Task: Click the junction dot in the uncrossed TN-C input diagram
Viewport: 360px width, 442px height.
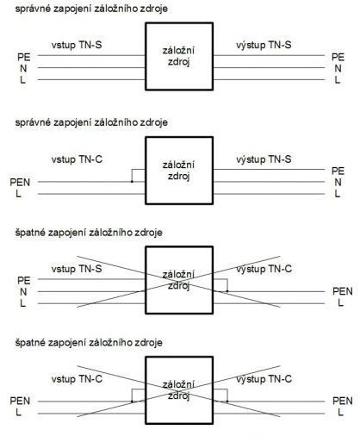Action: point(132,182)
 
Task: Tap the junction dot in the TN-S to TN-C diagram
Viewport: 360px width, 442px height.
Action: point(227,291)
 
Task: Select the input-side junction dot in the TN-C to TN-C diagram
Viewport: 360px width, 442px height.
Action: point(132,402)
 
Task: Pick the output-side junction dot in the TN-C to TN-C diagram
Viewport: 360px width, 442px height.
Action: point(227,402)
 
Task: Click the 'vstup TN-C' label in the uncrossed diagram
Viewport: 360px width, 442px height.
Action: point(77,159)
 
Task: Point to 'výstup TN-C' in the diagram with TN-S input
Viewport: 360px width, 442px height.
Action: point(264,269)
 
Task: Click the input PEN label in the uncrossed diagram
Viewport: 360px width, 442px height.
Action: point(20,183)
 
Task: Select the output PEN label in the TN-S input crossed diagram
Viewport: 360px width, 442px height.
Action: point(343,291)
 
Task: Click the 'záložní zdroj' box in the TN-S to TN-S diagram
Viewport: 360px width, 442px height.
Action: point(179,56)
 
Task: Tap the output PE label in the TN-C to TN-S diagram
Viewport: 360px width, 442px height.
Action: point(338,171)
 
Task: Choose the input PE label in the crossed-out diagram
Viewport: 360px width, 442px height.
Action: point(24,281)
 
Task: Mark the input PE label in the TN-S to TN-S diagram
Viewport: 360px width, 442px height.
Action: point(24,57)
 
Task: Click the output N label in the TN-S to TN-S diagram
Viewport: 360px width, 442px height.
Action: point(338,69)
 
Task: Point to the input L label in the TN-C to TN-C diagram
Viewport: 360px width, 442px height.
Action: point(18,413)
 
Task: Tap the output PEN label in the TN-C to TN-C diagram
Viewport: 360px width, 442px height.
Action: point(343,401)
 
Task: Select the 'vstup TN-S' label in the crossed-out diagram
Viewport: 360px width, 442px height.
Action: point(77,269)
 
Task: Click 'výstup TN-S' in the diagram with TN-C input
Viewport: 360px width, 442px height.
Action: point(264,159)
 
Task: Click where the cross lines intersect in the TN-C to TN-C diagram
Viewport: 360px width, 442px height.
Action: point(178,391)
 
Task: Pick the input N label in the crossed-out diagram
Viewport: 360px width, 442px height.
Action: point(23,292)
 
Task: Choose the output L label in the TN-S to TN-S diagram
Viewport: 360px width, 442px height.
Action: point(338,80)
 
